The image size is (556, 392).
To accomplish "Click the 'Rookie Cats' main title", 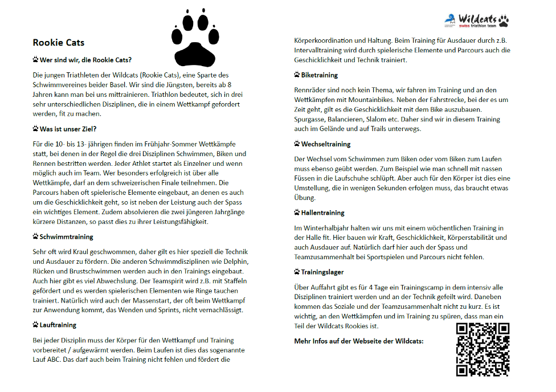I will [59, 42].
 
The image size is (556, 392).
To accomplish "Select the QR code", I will [483, 349].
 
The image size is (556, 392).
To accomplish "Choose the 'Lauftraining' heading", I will [58, 325].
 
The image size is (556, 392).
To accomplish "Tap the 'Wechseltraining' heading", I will [325, 144].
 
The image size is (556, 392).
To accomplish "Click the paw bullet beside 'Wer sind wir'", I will [35, 59].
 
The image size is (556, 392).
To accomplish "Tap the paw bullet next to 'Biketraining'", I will [297, 75].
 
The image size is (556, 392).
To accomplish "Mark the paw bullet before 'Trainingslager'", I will [297, 272].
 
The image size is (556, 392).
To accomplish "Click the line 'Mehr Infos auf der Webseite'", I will [359, 341].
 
